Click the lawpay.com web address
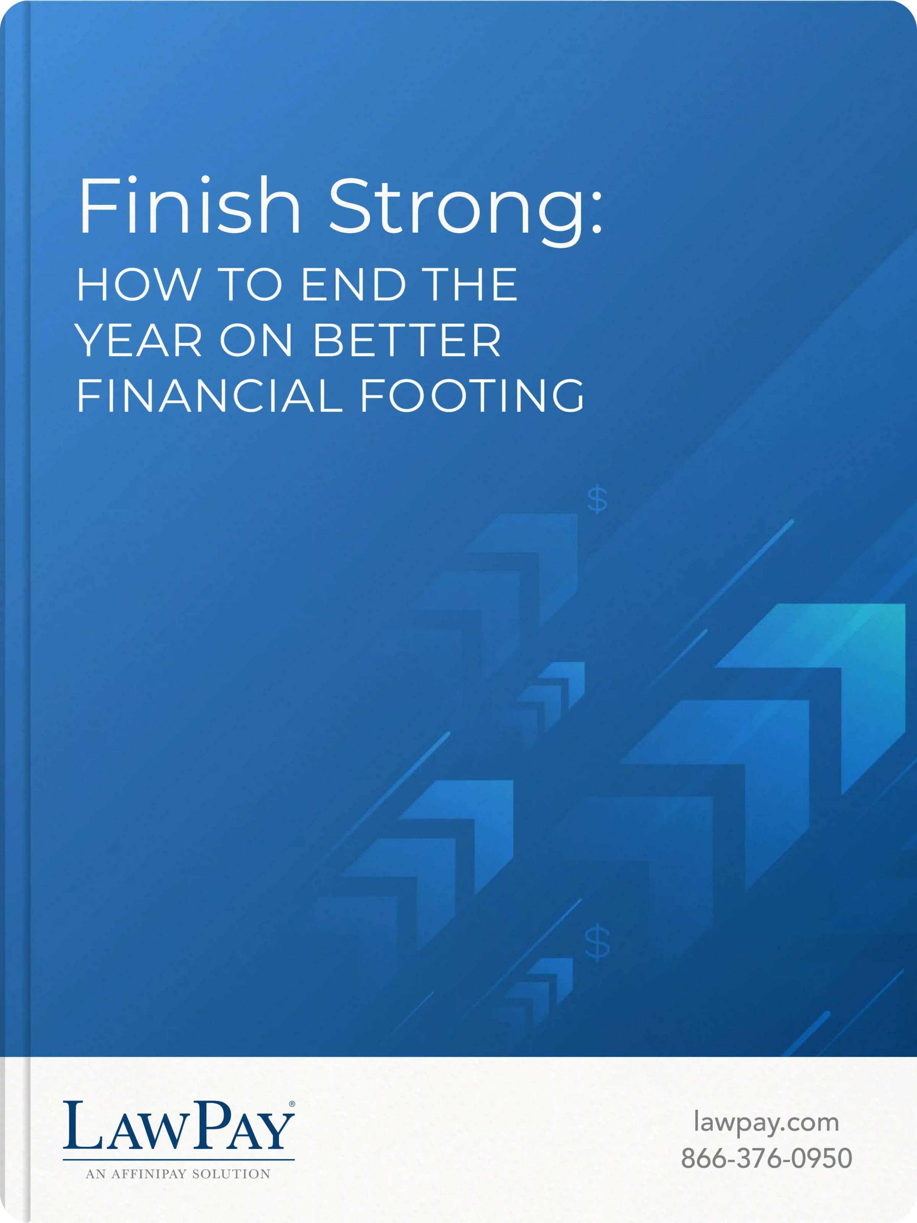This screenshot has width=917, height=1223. [766, 1123]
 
